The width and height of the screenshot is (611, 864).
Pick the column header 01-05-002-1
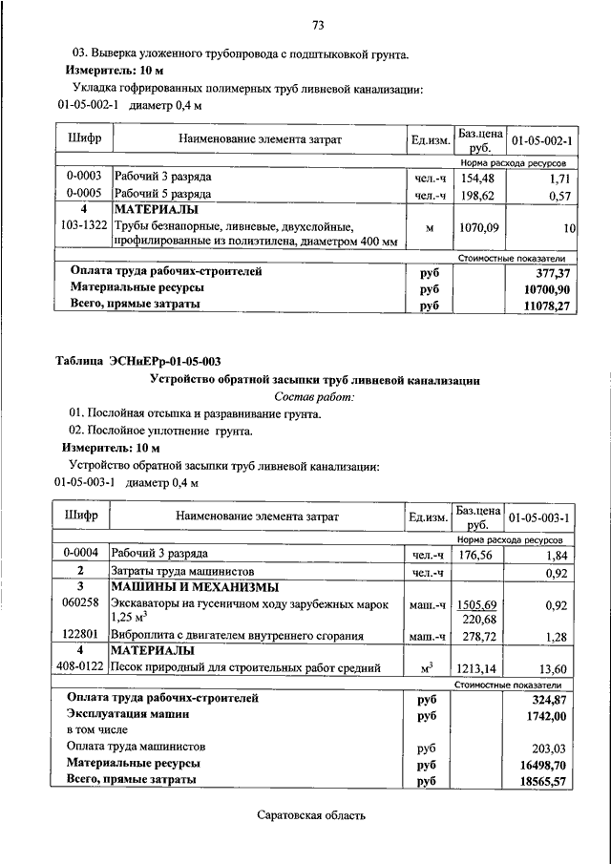(541, 141)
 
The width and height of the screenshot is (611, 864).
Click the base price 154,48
(477, 178)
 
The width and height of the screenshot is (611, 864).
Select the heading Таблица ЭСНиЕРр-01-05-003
(138, 360)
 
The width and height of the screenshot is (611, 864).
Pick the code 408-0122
(82, 668)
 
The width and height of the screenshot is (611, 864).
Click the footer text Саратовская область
(311, 815)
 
